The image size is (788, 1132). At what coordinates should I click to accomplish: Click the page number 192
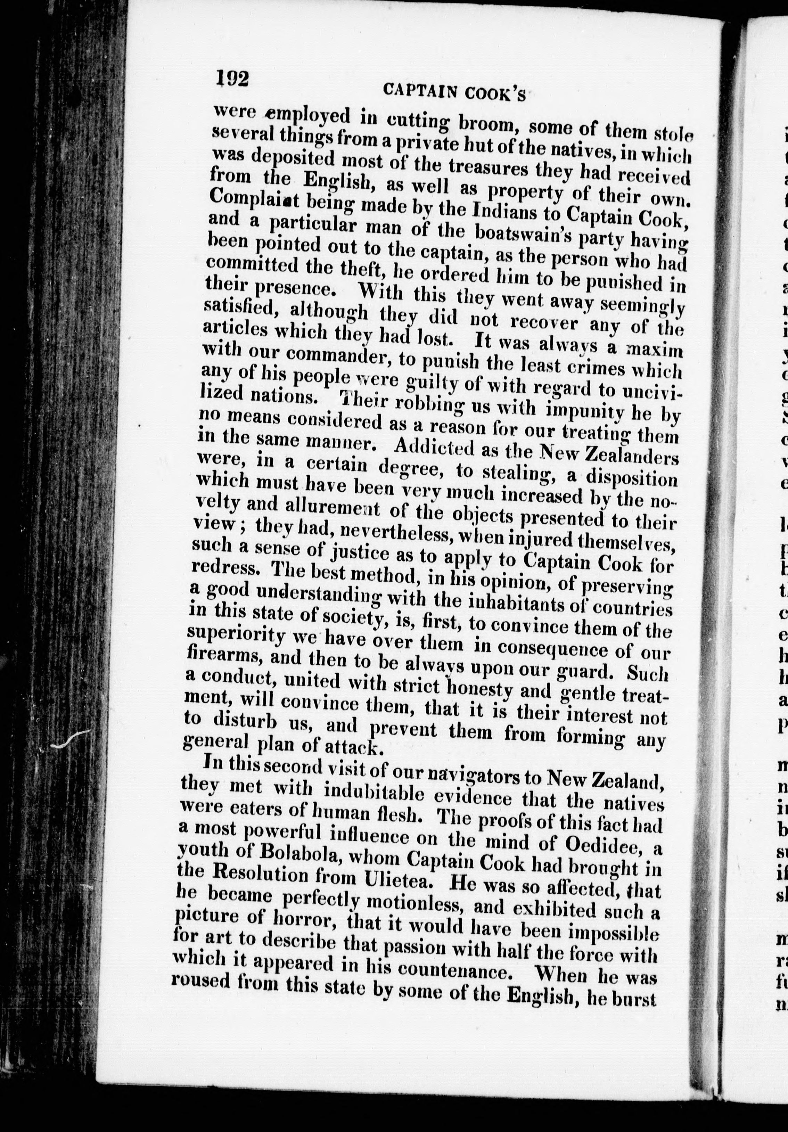[x=232, y=77]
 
